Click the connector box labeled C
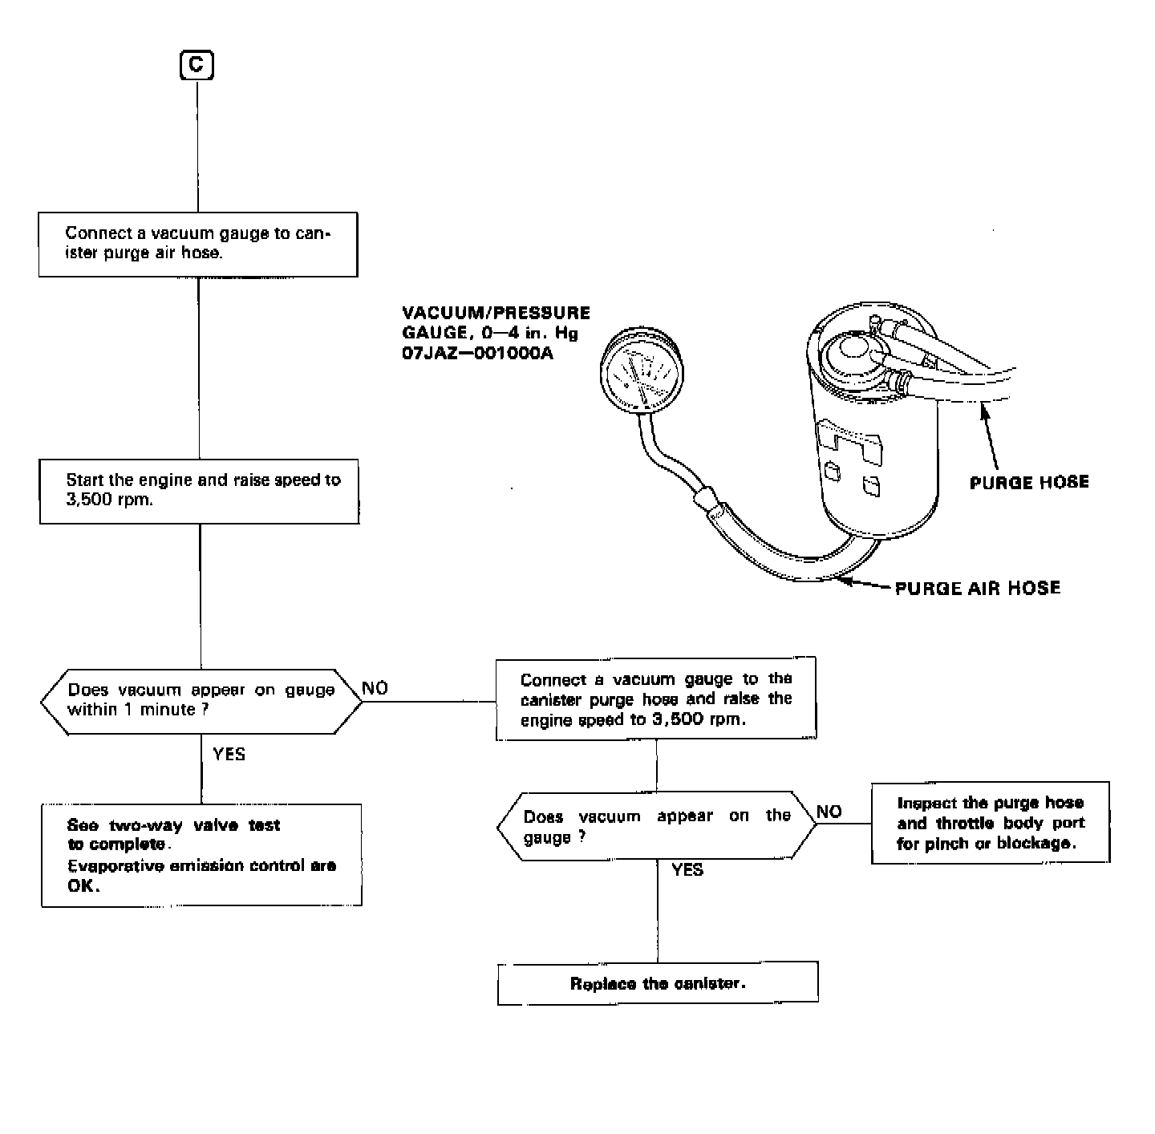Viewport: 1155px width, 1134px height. tap(197, 64)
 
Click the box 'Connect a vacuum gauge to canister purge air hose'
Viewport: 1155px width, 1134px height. tap(198, 244)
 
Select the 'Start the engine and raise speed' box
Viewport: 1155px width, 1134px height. tap(199, 491)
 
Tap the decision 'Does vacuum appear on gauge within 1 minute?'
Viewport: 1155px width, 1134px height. tap(201, 701)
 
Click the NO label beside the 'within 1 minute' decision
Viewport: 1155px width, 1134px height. tap(375, 688)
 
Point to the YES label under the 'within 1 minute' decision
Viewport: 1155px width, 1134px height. tap(229, 754)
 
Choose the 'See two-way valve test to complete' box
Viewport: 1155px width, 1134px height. tap(201, 855)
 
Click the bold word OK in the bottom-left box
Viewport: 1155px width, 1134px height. tap(83, 886)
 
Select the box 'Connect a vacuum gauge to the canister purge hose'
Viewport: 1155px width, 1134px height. tap(656, 699)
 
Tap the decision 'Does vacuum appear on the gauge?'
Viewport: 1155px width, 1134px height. tap(657, 826)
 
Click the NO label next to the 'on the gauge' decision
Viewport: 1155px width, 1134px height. tap(829, 812)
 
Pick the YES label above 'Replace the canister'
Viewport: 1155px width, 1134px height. tap(687, 870)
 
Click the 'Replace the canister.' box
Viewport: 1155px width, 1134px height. tap(658, 983)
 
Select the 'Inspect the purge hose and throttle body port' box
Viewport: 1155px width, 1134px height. tap(991, 823)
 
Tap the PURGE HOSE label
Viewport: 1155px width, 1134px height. tap(1029, 482)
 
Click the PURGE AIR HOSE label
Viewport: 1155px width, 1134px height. tap(977, 588)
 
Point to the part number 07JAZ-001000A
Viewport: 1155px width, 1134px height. tap(478, 353)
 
